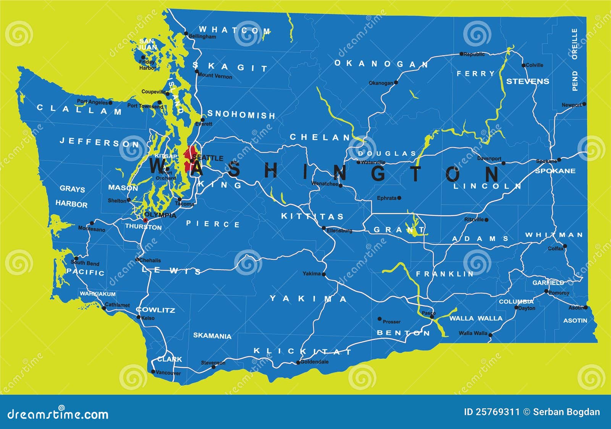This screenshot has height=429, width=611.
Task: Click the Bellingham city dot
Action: [x=186, y=33]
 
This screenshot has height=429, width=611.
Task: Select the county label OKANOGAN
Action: [x=381, y=64]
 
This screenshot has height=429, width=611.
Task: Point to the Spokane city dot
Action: [x=559, y=160]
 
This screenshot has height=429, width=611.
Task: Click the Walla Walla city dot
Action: [x=490, y=335]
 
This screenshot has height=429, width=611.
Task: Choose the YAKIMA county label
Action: [x=309, y=299]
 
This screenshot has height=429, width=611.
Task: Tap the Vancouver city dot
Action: [x=153, y=371]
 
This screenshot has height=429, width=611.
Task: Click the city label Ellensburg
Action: [x=339, y=231]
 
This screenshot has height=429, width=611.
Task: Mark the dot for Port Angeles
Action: [x=110, y=103]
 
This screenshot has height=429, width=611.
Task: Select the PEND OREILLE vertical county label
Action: [x=575, y=59]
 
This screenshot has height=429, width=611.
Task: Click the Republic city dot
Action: [x=461, y=54]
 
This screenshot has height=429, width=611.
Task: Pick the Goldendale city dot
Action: [x=298, y=363]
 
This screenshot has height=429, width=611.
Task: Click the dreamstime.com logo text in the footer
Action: [x=57, y=414]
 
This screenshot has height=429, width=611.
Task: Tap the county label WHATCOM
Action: [x=234, y=30]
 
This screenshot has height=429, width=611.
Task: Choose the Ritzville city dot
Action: [x=486, y=220]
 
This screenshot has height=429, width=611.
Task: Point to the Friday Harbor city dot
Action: [x=144, y=57]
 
